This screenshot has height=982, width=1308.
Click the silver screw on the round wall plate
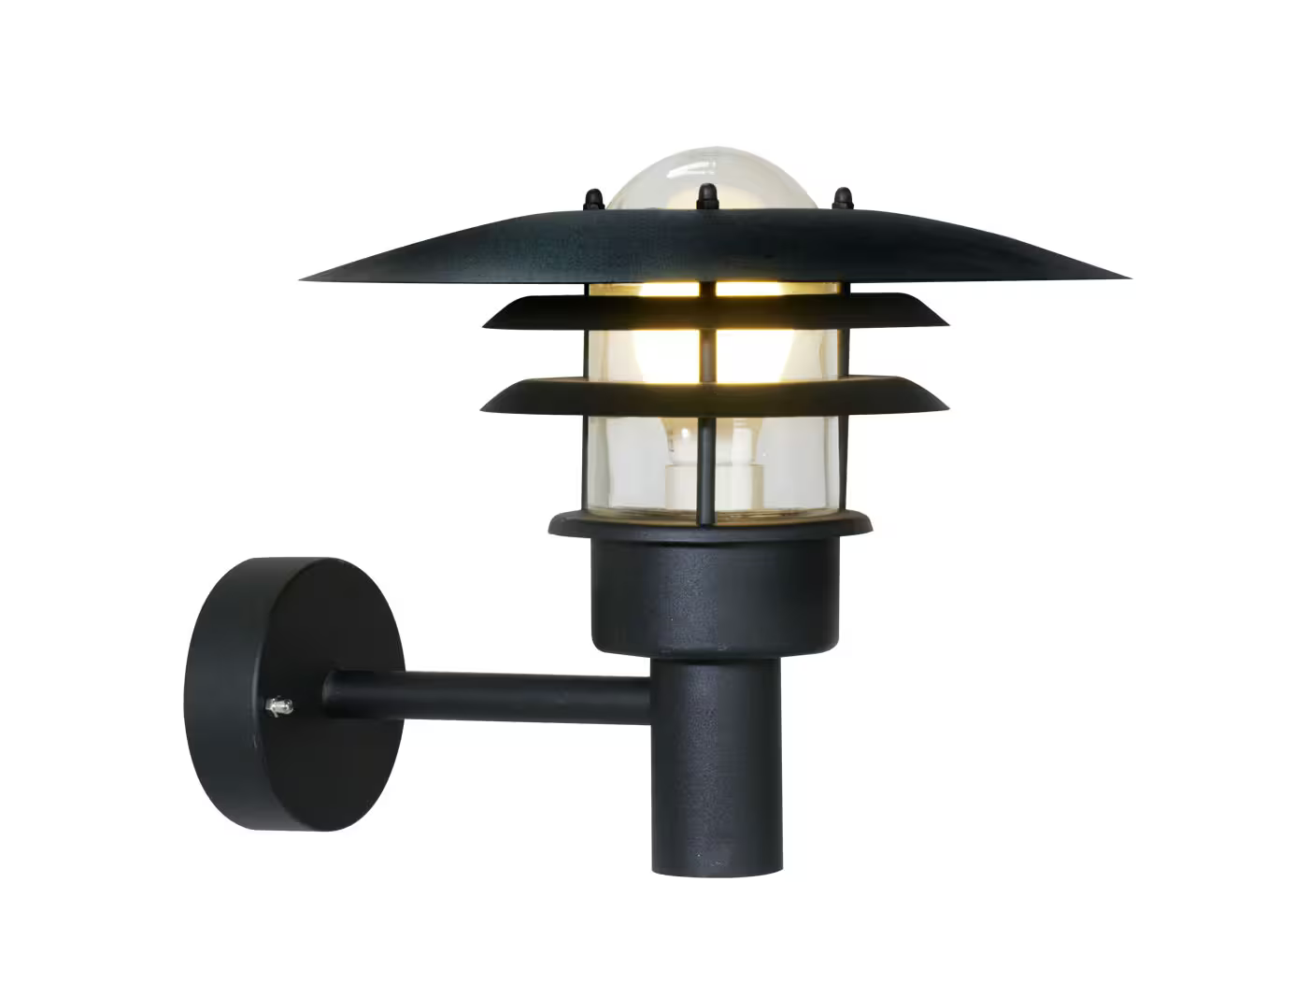tap(277, 707)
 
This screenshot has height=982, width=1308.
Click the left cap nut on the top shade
tap(592, 199)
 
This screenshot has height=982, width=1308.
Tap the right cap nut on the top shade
tap(843, 198)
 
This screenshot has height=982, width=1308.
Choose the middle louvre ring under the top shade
tap(716, 312)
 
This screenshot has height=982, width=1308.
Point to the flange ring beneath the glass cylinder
tap(710, 525)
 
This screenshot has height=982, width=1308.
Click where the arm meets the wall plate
tap(327, 693)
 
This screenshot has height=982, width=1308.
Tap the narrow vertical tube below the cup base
tap(717, 766)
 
